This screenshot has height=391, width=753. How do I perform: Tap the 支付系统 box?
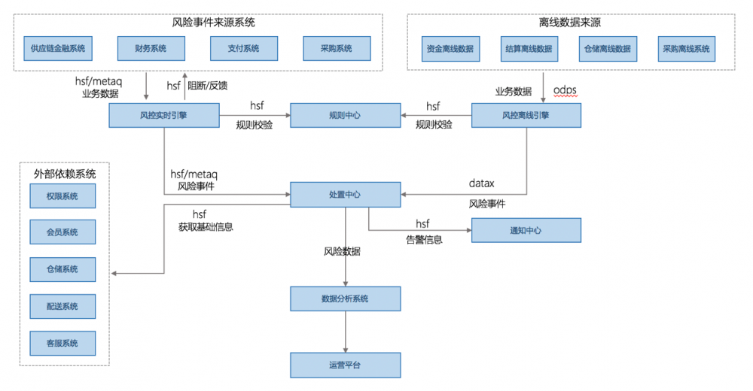[x=244, y=49]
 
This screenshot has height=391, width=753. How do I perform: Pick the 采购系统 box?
[x=337, y=49]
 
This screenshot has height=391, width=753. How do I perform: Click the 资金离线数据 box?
[x=450, y=49]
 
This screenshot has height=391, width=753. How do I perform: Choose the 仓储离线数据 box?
[x=605, y=49]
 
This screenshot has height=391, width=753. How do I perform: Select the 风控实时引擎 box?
[x=163, y=116]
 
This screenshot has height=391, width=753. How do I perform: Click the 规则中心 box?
[x=346, y=116]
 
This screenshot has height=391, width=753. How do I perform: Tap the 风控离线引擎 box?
[x=526, y=116]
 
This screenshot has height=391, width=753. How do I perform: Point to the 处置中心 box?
[x=346, y=194]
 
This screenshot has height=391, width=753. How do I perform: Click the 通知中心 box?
[x=526, y=230]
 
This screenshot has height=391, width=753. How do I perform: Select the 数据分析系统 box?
[x=346, y=299]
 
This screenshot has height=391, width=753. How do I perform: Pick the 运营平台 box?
[x=346, y=365]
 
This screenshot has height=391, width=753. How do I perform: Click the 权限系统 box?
[x=63, y=196]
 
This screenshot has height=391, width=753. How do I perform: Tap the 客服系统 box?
[x=63, y=343]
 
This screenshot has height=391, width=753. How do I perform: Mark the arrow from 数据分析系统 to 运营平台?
[x=346, y=332]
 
